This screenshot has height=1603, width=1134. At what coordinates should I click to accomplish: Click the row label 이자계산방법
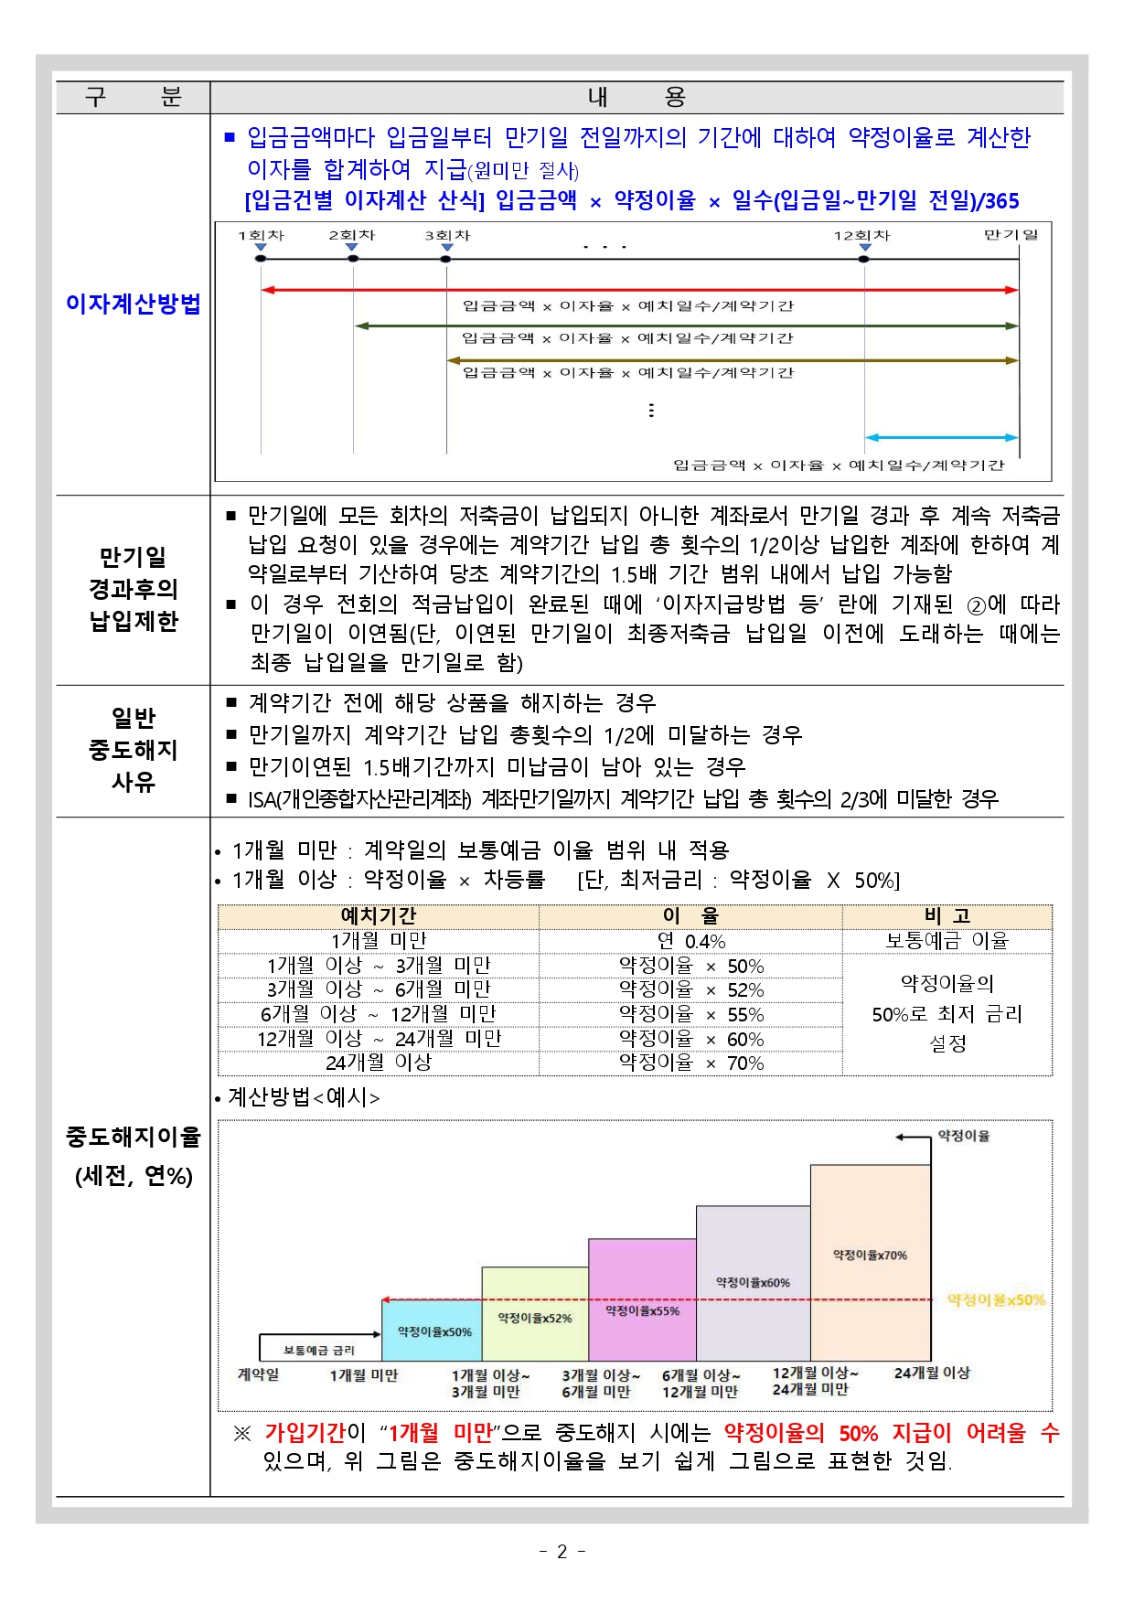(x=133, y=304)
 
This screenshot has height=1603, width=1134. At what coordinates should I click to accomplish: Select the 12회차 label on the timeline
(x=861, y=235)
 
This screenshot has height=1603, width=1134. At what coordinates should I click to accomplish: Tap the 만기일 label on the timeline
(x=1011, y=234)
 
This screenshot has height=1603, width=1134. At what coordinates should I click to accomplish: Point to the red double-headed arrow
(x=639, y=290)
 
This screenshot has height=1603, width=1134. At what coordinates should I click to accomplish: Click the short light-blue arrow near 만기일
(x=941, y=438)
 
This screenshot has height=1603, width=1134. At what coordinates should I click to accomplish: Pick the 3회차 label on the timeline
(x=447, y=235)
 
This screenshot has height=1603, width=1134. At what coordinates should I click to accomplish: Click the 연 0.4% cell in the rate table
(x=690, y=941)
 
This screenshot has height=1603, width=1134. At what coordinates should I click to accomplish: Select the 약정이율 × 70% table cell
(x=690, y=1063)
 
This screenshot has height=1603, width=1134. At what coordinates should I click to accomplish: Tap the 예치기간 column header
(x=378, y=915)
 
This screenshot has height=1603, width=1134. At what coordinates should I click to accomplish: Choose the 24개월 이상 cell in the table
(x=378, y=1063)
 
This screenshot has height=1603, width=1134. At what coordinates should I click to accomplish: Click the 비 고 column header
(x=947, y=915)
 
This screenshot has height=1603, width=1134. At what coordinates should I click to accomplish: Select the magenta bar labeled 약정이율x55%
(x=642, y=1309)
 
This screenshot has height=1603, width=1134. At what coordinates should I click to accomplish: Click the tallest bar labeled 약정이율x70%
(x=870, y=1255)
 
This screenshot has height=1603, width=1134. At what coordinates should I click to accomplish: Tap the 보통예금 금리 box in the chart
(x=318, y=1349)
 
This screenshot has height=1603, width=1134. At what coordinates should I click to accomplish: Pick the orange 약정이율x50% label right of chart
(x=995, y=1299)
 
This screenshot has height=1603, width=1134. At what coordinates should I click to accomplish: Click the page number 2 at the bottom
(x=562, y=1551)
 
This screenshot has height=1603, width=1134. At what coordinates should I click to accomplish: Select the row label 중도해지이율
(x=133, y=1137)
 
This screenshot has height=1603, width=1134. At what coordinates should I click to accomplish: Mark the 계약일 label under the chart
(x=258, y=1373)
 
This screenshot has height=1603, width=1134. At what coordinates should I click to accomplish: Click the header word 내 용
(x=636, y=97)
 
